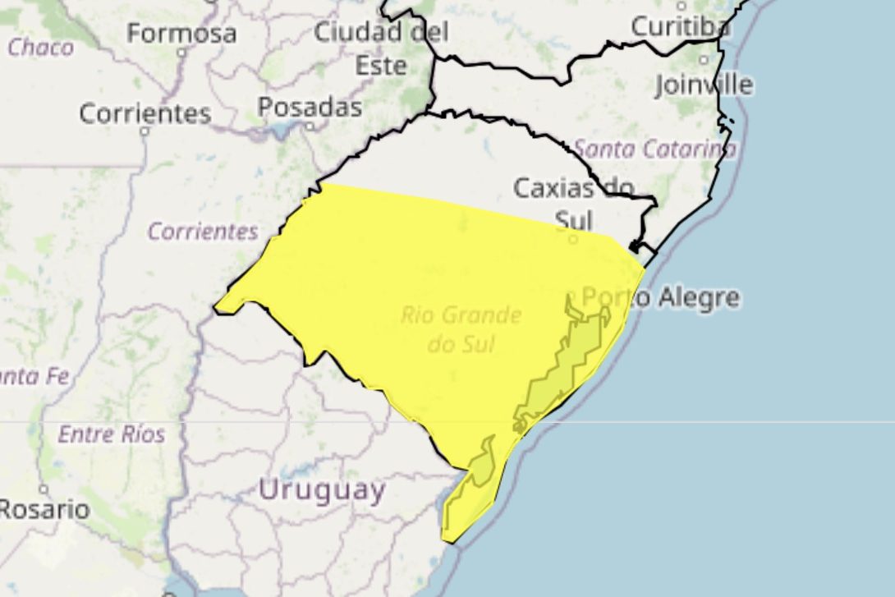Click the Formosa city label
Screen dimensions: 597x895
tap(181, 34)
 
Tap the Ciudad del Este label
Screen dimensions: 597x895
tap(381, 48)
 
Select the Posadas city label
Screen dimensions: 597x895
tap(310, 107)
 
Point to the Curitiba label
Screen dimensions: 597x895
tap(680, 26)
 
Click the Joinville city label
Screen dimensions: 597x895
tap(704, 84)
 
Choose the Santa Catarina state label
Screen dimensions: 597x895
tap(654, 149)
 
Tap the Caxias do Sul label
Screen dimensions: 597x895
tap(574, 202)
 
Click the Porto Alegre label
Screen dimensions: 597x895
tap(660, 297)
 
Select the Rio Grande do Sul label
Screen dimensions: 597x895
tap(461, 328)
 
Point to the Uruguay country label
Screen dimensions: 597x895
tap(321, 490)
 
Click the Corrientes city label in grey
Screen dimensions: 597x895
tap(145, 113)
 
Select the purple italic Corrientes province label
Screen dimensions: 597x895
tap(203, 232)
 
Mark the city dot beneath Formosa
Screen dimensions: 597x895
tap(181, 51)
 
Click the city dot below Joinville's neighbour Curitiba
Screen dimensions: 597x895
tap(703, 60)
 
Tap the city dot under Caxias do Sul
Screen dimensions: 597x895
tap(573, 239)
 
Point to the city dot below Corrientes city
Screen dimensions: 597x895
tap(145, 131)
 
